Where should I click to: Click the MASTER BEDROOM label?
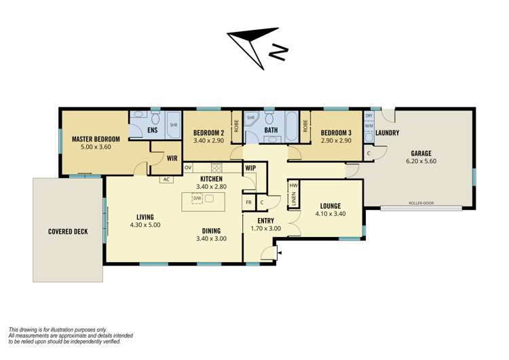96,139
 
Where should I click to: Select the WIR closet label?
172,158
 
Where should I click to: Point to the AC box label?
166,179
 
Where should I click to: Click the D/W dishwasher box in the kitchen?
197,198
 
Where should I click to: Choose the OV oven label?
188,167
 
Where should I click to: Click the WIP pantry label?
250,168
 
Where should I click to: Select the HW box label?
293,185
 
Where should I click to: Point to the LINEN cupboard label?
293,199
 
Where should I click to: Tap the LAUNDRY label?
387,133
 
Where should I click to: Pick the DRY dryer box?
369,117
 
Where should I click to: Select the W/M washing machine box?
369,126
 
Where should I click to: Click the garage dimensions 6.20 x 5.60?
421,161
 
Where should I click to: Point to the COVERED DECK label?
68,232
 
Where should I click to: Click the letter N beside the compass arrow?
278,52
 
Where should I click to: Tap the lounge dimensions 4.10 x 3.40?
331,214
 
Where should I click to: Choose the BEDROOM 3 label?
336,132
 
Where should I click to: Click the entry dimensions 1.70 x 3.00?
265,229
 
